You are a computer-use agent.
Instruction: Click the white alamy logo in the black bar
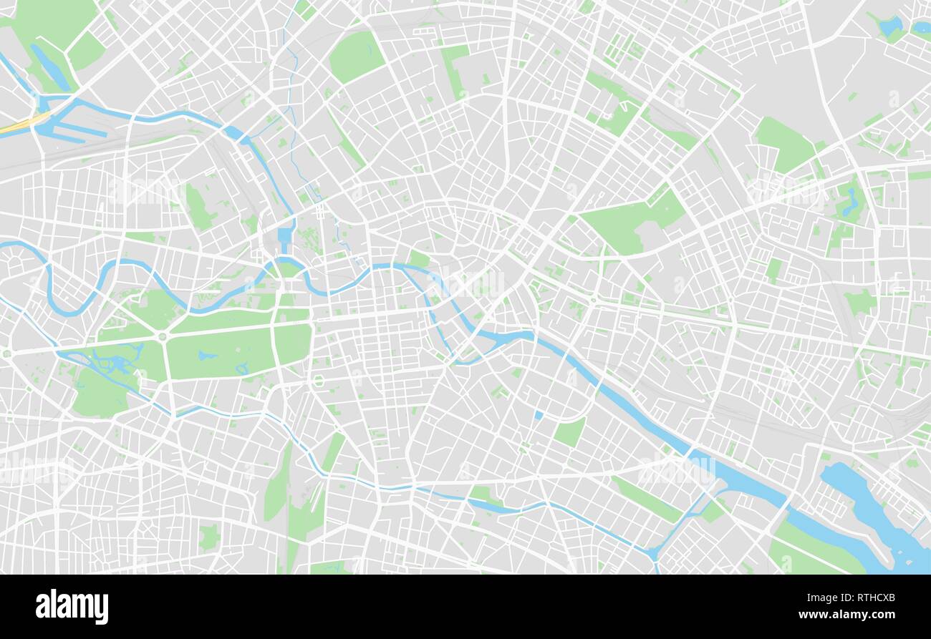click(x=72, y=606)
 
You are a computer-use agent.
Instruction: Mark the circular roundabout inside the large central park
click(x=163, y=336)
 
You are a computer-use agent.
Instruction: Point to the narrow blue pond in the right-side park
click(x=850, y=203)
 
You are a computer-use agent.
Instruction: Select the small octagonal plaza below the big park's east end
click(x=317, y=381)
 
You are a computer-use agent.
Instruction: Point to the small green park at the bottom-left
click(x=208, y=536)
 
